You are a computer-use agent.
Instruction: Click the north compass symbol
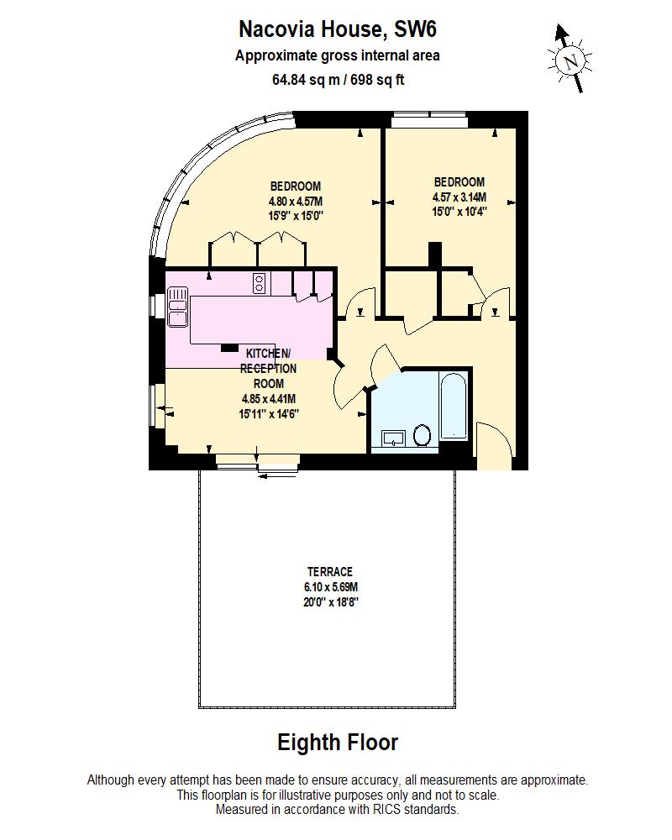tap(571, 59)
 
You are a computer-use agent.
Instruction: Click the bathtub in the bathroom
tap(453, 409)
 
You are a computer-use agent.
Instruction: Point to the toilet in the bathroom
tap(423, 434)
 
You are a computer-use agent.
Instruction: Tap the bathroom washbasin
tap(393, 437)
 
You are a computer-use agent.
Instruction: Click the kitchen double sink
tap(178, 306)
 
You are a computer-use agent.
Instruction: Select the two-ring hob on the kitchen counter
tap(260, 284)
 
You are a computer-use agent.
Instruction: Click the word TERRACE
tap(328, 571)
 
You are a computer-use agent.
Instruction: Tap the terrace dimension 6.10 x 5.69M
tap(328, 586)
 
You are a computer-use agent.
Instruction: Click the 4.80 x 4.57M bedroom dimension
tap(296, 201)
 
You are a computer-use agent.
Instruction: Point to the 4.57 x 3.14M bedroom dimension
tap(459, 197)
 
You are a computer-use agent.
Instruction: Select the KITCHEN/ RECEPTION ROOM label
tap(268, 368)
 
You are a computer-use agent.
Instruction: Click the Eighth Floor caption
tap(338, 743)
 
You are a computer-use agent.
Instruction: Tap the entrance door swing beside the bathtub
tap(494, 441)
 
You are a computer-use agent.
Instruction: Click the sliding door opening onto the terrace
tap(257, 461)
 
